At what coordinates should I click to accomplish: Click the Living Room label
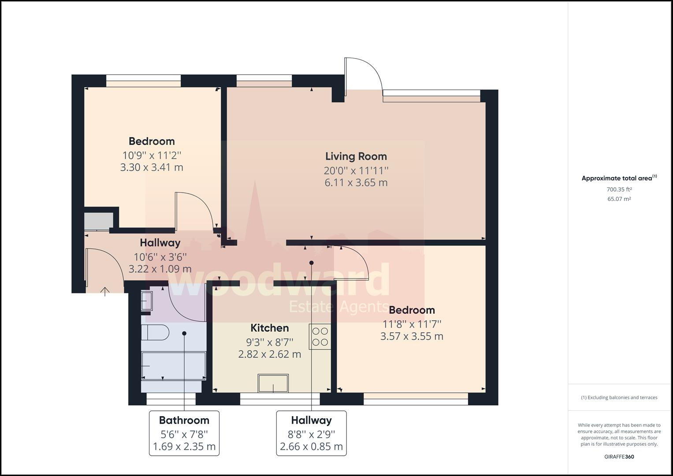point(356,156)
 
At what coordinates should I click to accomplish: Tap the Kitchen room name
point(269,328)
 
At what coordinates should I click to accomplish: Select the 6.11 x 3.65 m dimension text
point(356,183)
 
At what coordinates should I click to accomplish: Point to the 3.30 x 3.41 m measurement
point(152,167)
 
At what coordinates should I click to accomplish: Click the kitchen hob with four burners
point(320,337)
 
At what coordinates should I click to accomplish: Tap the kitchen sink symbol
point(273,383)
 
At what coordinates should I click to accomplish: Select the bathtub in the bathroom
point(173,365)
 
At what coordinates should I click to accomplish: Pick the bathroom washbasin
point(147,301)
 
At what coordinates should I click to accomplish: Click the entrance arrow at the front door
point(104,291)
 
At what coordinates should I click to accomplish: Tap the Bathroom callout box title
point(184,420)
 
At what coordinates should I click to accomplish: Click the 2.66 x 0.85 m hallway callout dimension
point(311,446)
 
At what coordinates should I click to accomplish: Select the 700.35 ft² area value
point(619,190)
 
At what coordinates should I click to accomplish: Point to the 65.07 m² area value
point(619,199)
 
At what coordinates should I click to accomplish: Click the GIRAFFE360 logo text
point(619,457)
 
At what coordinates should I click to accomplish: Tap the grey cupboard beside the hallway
point(99,221)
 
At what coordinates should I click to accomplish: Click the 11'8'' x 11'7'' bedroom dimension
point(412,324)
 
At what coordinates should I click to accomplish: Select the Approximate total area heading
point(619,178)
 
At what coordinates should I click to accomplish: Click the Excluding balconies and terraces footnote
point(619,398)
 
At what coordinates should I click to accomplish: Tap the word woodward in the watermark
point(279,280)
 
